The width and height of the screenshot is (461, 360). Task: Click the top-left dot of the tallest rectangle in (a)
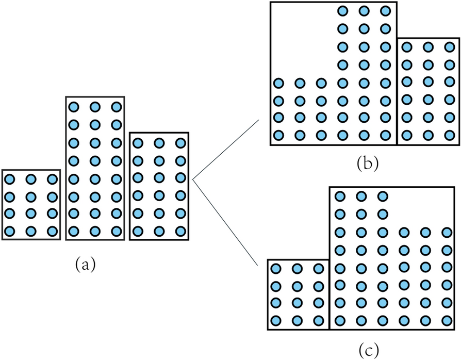coord(73,107)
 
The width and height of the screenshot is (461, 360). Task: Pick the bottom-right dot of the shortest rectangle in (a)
coord(52,232)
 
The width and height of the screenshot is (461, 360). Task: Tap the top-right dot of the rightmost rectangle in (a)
coord(180,143)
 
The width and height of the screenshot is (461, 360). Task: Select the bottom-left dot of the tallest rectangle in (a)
coord(73,232)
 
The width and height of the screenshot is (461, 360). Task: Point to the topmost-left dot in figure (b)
coord(343,11)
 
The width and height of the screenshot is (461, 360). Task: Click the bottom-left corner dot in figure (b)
coord(278,136)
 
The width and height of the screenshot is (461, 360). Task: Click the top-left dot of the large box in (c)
coord(340,195)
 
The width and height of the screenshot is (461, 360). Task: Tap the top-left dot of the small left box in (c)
coord(275,268)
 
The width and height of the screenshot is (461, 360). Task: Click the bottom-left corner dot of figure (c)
coord(275,320)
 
